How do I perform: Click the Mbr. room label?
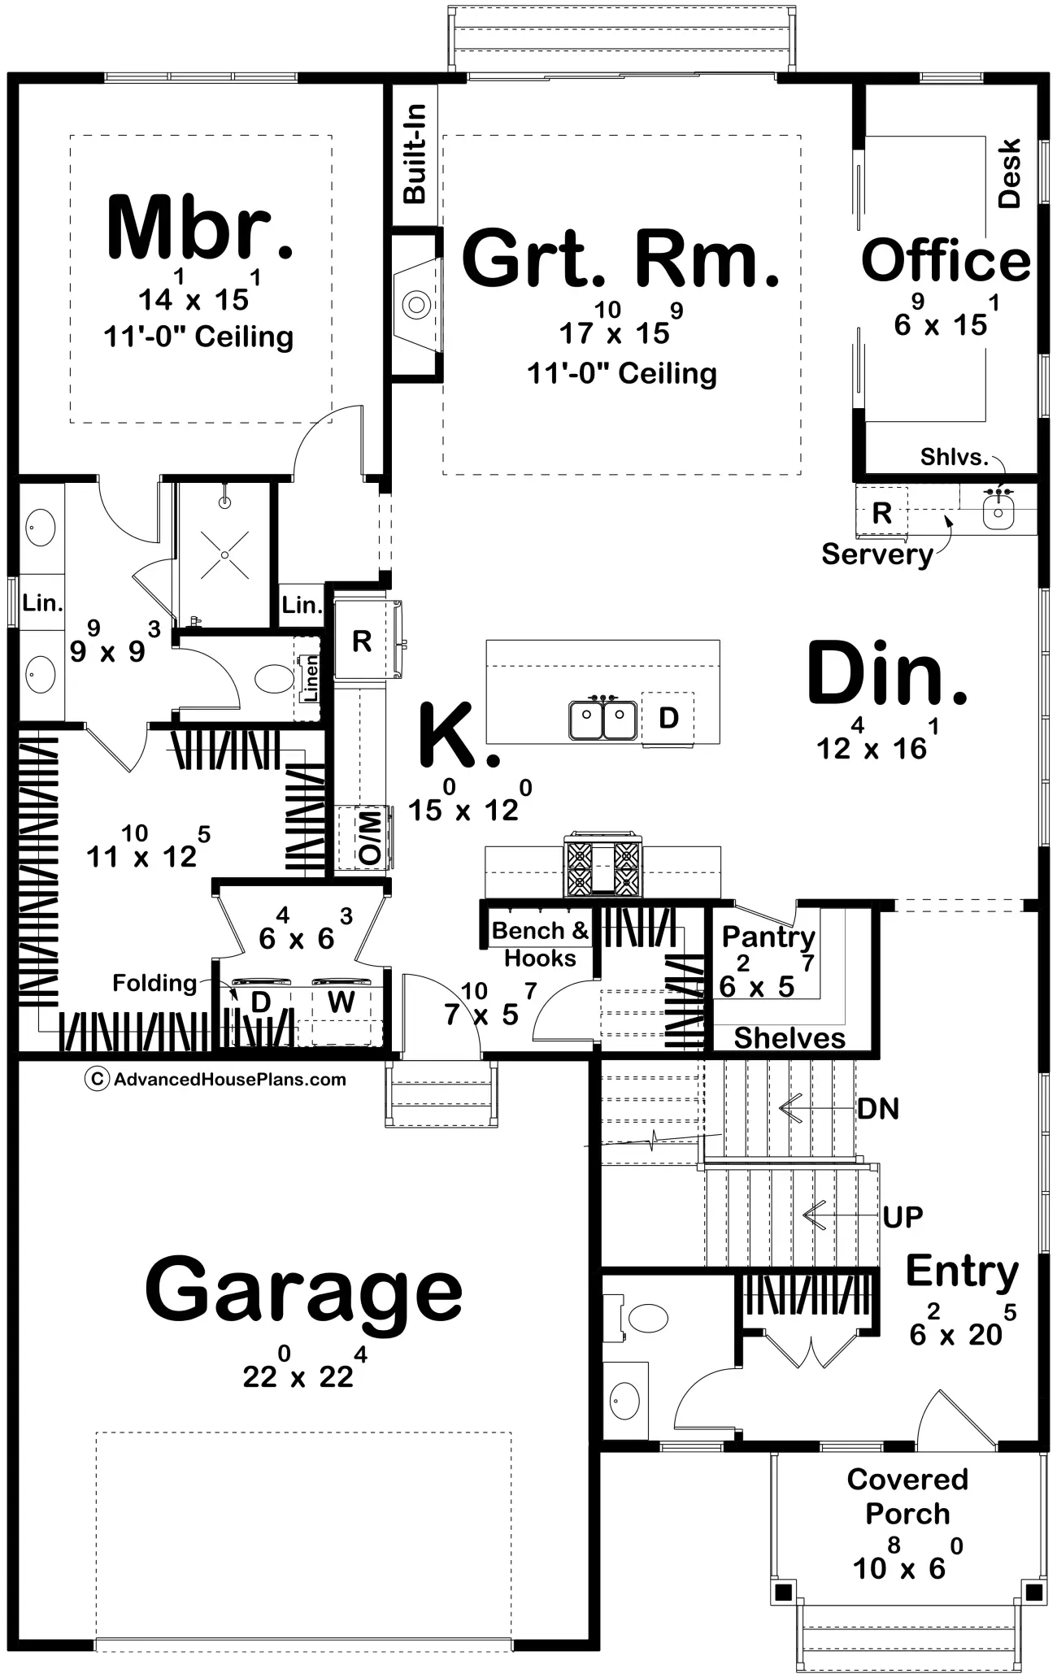click(199, 227)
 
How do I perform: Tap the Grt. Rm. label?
click(620, 259)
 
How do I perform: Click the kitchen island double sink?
click(602, 719)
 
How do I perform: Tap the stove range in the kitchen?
click(602, 865)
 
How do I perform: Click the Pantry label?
click(768, 937)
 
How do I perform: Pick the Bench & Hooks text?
click(540, 944)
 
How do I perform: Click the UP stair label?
click(903, 1216)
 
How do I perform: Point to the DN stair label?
click(878, 1108)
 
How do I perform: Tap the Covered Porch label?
click(907, 1496)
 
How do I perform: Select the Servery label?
click(876, 554)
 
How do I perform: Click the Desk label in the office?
click(1008, 173)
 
